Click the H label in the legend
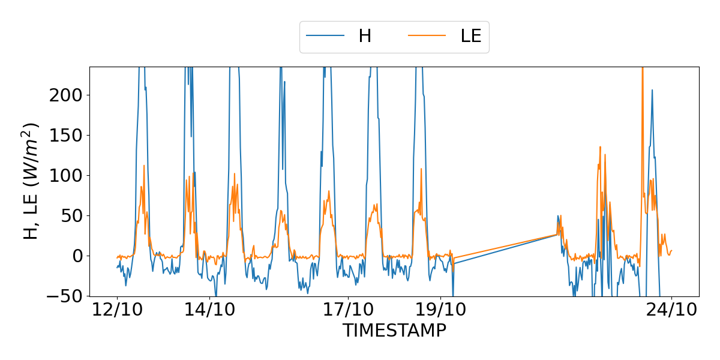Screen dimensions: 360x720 pos(365,36)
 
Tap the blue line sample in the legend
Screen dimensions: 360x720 pos(325,36)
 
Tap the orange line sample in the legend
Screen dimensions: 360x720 pos(427,36)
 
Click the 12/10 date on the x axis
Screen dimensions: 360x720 pos(117,311)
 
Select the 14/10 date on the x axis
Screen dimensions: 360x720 pos(209,311)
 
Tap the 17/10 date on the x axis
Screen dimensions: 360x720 pos(348,311)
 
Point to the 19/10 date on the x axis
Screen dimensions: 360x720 pos(440,311)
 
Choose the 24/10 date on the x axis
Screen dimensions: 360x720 pos(671,311)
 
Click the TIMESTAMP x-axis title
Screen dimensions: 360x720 pos(394,331)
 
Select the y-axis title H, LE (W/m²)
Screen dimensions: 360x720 pos(31,181)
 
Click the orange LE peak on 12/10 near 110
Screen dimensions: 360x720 pos(144,166)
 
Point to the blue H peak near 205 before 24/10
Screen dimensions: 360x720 pos(652,91)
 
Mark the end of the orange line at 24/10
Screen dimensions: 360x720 pos(671,251)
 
